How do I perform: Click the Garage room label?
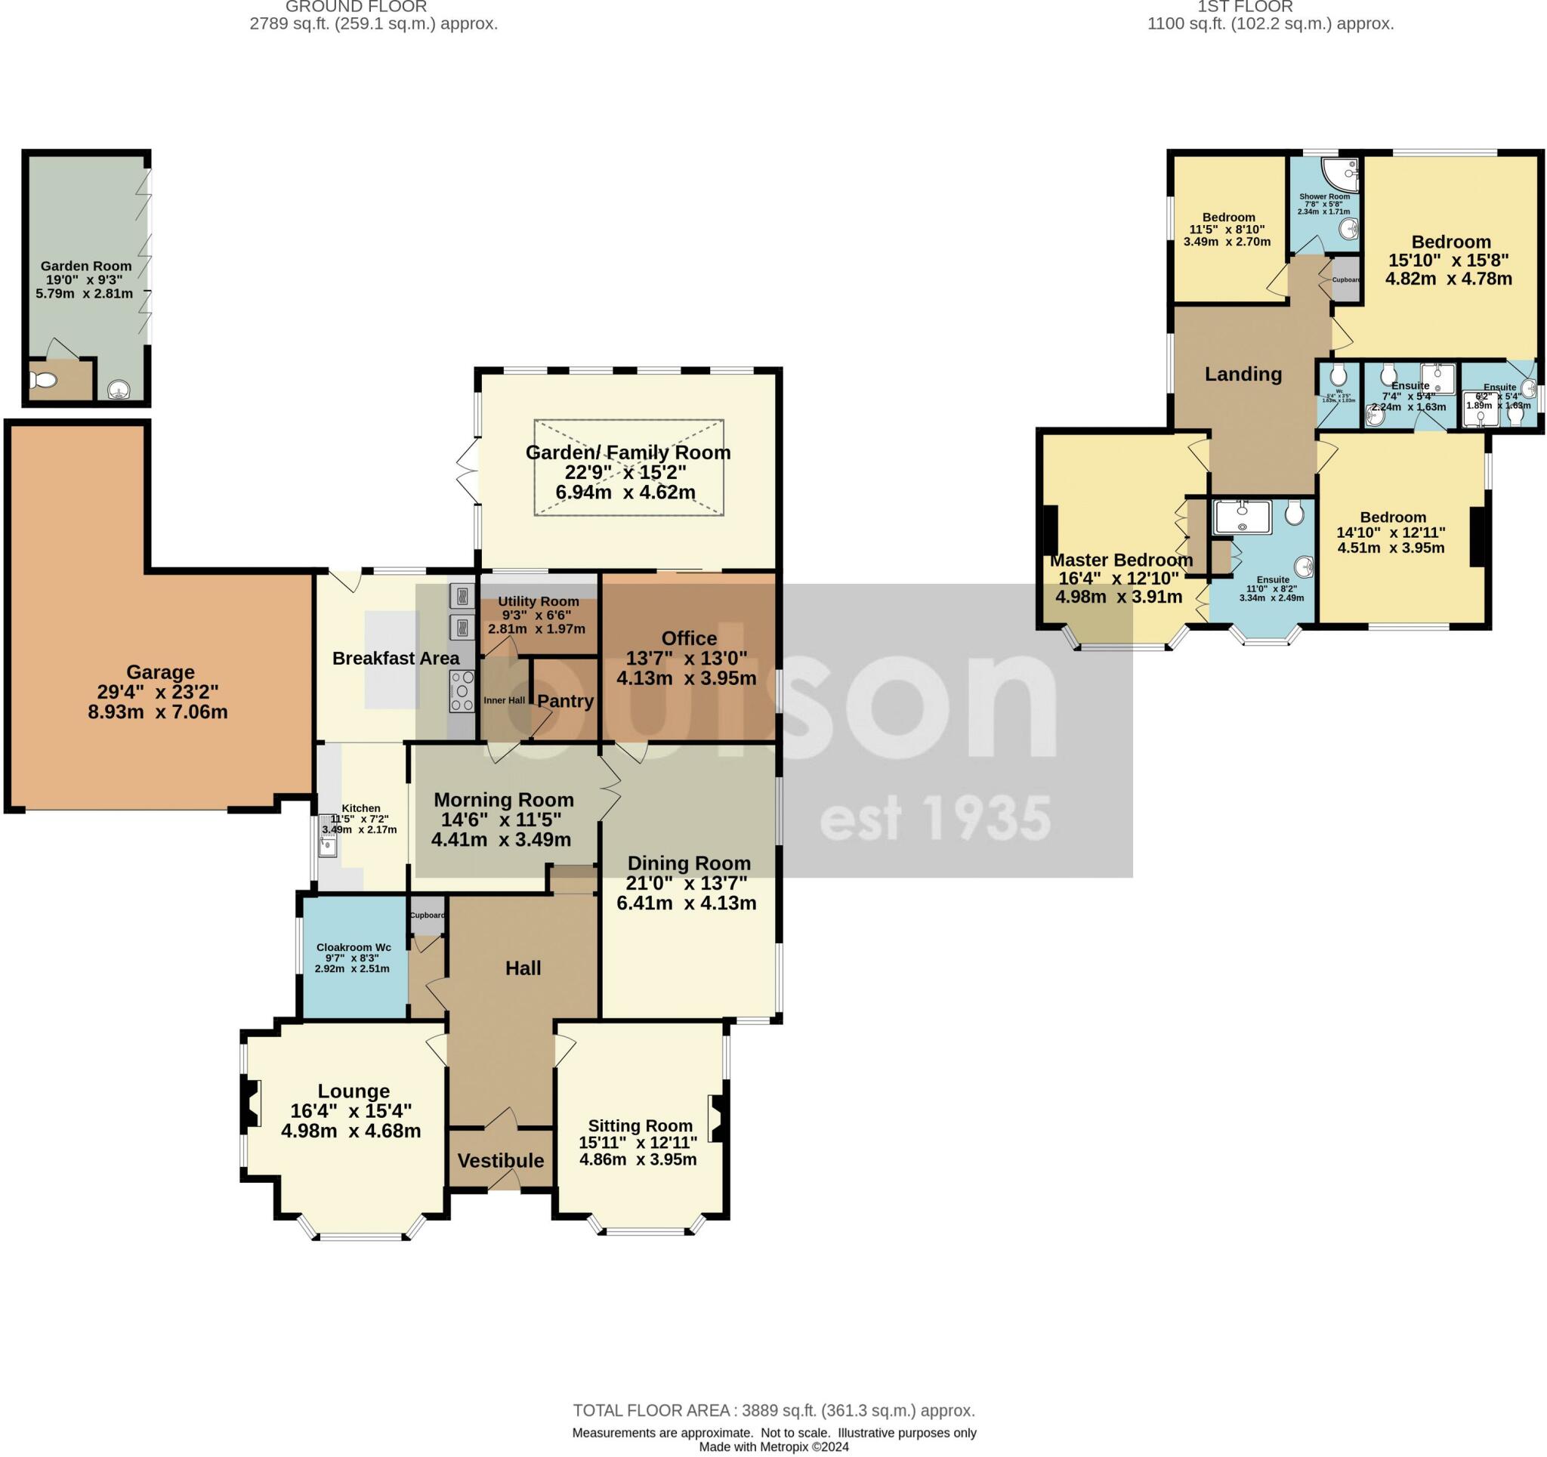coord(160,671)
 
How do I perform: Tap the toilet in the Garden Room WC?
coord(43,381)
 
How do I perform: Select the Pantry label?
coord(566,701)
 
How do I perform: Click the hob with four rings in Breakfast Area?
coord(462,691)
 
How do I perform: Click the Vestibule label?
coord(500,1160)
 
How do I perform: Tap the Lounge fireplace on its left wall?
coord(250,1104)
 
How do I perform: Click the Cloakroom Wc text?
coord(354,947)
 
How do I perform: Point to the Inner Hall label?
coord(505,700)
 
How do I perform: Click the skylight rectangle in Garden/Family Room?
coord(628,468)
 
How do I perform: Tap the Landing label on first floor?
coord(1243,375)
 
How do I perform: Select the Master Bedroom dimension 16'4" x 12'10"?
coord(1118,579)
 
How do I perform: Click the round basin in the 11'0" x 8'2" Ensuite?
coord(1304,566)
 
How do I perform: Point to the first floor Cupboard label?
coord(1346,280)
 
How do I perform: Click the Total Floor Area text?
coord(773,1410)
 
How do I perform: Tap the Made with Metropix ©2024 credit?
coord(773,1447)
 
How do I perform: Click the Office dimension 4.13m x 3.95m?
coord(686,679)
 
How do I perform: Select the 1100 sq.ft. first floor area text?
coord(1270,24)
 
